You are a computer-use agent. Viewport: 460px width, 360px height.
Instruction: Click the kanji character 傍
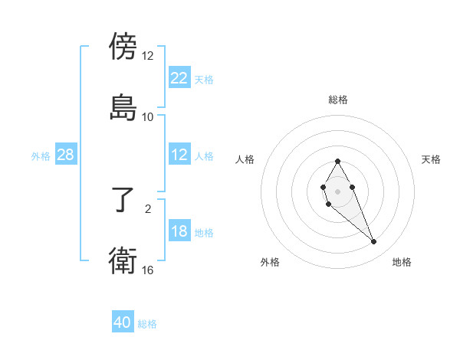pos(123,47)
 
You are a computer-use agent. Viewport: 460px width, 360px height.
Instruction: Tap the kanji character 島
pos(123,107)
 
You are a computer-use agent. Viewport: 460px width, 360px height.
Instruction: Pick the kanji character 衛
pos(123,261)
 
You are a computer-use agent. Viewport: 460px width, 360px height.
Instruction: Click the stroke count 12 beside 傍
pos(147,56)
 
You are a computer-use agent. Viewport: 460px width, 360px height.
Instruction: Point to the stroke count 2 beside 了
pos(148,208)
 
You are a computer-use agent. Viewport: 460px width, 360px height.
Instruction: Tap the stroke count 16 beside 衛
pos(147,270)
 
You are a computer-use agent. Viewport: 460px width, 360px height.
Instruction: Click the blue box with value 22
pos(179,78)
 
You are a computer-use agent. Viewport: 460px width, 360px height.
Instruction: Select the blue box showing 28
pos(66,155)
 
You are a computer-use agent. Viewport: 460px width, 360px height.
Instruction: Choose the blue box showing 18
pos(179,231)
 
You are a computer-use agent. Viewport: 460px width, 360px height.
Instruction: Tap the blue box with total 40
pos(123,323)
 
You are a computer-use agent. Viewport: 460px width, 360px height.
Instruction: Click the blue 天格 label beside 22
pos(204,79)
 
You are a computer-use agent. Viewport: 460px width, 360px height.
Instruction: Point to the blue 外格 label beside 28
pos(41,155)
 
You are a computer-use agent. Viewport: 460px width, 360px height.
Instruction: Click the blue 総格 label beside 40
pos(147,324)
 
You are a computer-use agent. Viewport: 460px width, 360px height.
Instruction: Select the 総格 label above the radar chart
pos(338,100)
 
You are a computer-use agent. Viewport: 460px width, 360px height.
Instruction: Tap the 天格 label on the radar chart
pos(431,159)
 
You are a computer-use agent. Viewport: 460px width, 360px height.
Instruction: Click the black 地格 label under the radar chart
pos(402,262)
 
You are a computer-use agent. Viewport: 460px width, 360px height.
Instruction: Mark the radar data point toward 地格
pos(373,242)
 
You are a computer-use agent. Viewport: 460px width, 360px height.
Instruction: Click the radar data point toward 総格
pos(337,161)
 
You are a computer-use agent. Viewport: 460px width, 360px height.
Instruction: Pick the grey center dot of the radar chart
pos(337,191)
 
